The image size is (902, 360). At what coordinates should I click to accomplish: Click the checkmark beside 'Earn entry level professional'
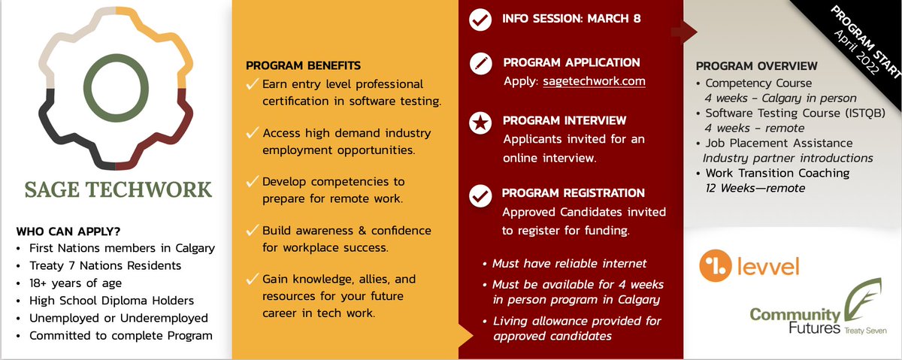252,84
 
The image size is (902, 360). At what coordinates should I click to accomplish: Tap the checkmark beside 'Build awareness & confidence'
252,230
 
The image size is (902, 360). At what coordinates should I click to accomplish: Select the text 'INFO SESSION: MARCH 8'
571,18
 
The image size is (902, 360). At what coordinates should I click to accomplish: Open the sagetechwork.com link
594,81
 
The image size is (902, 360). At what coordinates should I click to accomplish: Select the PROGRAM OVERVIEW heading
756,66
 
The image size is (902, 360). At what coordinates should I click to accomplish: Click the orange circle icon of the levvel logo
716,267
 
